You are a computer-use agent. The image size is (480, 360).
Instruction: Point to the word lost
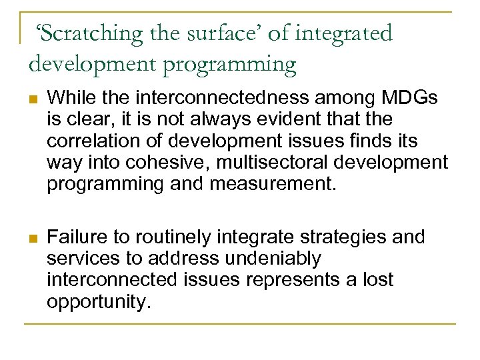(377, 281)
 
